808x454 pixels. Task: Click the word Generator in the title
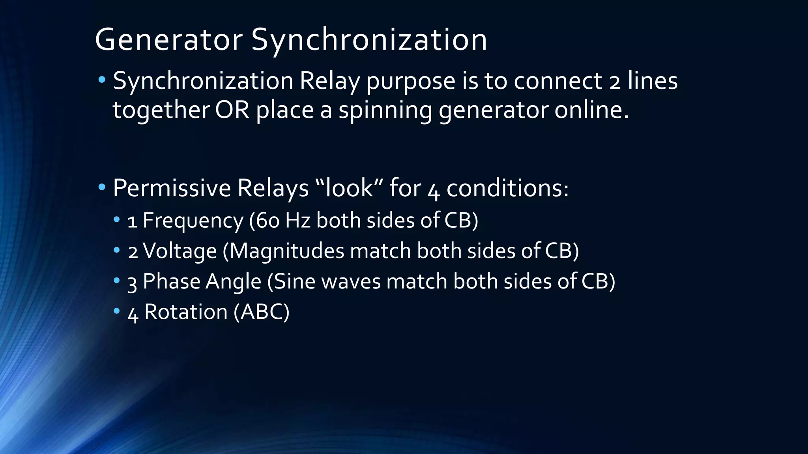(x=169, y=40)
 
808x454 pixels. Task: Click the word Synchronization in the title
(x=369, y=40)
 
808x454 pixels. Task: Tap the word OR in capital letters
(x=232, y=110)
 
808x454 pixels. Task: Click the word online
(x=591, y=110)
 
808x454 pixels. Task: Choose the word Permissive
(x=172, y=188)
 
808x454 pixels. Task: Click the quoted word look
(x=349, y=188)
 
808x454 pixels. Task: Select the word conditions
(x=507, y=188)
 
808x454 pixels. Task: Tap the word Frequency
(x=193, y=220)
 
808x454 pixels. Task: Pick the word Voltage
(x=180, y=251)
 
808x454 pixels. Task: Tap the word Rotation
(x=186, y=312)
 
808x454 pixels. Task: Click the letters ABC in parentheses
(x=261, y=312)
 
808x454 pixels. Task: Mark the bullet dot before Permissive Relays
(x=102, y=187)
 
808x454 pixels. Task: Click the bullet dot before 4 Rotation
(x=116, y=311)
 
